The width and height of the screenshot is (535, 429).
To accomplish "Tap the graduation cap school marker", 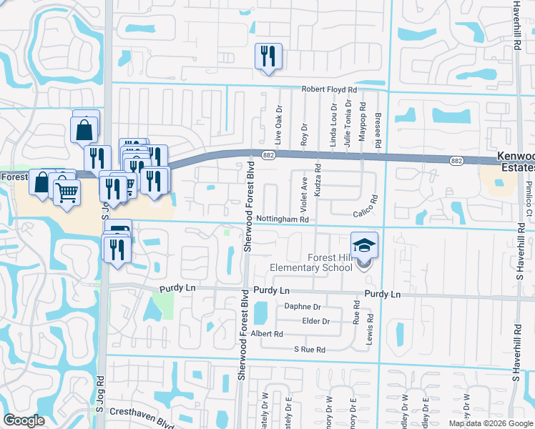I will (364, 245).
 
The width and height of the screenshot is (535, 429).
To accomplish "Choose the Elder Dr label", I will (315, 321).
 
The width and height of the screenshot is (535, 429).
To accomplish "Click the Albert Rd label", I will (267, 334).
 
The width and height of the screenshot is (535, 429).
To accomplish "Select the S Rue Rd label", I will (310, 350).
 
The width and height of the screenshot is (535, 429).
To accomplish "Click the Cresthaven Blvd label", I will (139, 412).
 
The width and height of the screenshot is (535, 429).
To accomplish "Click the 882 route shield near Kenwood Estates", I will (456, 162).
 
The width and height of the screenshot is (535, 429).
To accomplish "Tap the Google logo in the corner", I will (24, 420).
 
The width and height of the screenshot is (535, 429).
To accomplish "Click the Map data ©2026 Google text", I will (490, 423).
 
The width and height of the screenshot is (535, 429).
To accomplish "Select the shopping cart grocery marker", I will (67, 191).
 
